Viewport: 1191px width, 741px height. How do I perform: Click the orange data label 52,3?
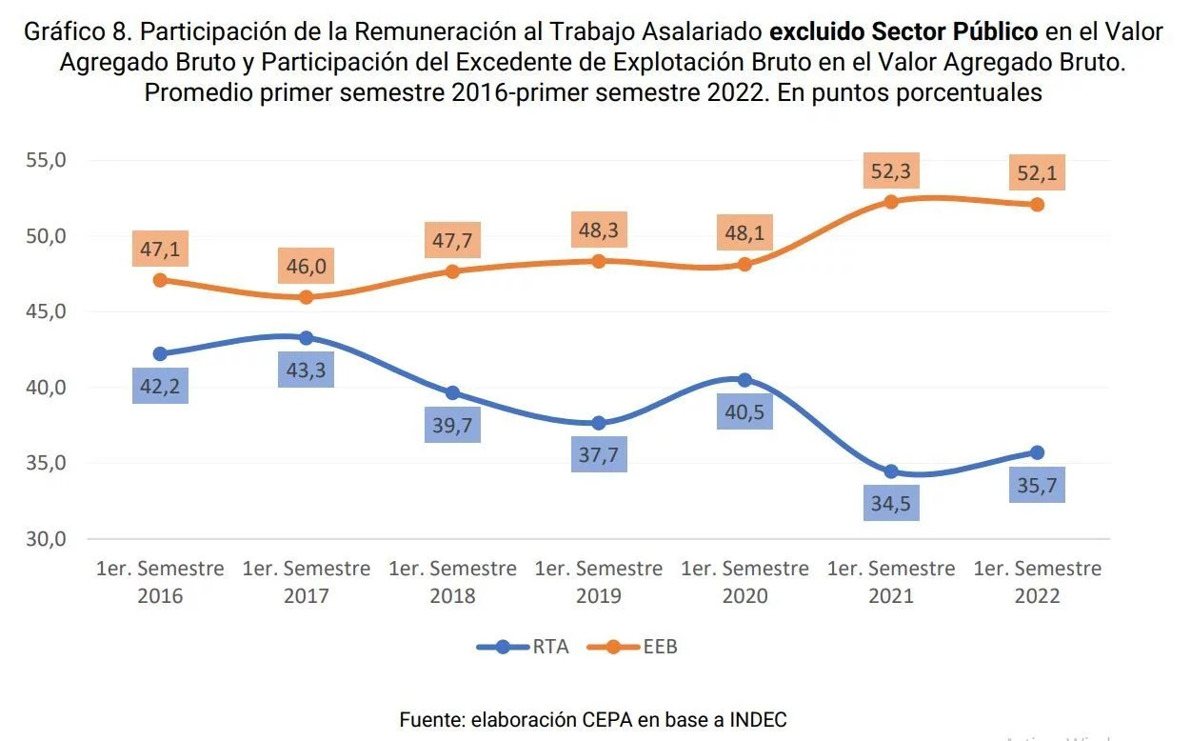click(x=891, y=171)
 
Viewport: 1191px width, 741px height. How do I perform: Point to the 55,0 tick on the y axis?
click(x=47, y=160)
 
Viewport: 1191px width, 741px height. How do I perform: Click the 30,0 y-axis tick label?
click(x=47, y=539)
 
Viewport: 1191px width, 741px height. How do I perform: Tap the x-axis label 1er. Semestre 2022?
click(x=1037, y=582)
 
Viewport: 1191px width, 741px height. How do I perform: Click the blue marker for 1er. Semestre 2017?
click(x=306, y=338)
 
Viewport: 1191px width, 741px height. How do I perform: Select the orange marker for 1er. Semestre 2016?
click(x=160, y=280)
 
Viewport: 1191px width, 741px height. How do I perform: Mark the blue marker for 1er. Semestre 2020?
click(x=744, y=380)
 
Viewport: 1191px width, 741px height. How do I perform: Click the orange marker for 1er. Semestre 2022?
click(x=1037, y=205)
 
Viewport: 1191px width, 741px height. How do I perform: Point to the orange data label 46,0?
click(x=306, y=266)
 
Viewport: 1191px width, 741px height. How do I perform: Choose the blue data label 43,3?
click(x=306, y=370)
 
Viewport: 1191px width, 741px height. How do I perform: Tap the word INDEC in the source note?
click(x=758, y=720)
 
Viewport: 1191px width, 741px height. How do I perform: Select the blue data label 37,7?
click(x=598, y=456)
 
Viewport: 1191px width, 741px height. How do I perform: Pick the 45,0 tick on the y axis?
click(x=47, y=311)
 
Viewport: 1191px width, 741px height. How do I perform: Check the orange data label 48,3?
click(x=598, y=230)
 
